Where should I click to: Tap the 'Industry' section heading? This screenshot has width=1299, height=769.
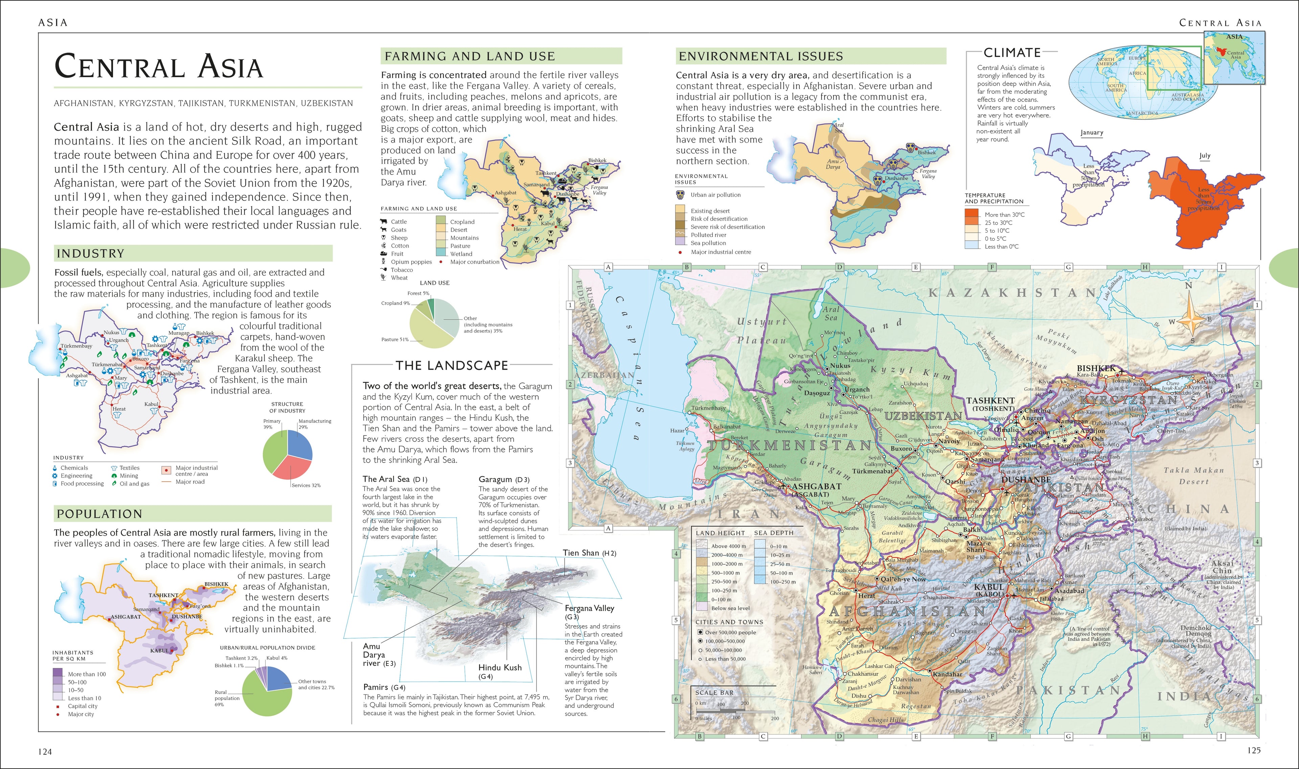91,253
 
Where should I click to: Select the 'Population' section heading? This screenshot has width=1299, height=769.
99,514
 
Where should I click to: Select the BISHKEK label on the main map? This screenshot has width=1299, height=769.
1095,368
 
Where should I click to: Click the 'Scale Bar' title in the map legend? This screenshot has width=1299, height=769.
714,692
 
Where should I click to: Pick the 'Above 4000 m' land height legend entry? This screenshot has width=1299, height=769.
728,546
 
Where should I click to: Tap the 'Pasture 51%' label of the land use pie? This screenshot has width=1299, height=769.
395,340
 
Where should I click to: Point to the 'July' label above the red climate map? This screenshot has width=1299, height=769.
1205,156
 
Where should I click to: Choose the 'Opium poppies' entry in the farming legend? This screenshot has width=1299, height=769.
411,262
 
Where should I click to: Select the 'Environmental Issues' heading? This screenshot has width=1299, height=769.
760,56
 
